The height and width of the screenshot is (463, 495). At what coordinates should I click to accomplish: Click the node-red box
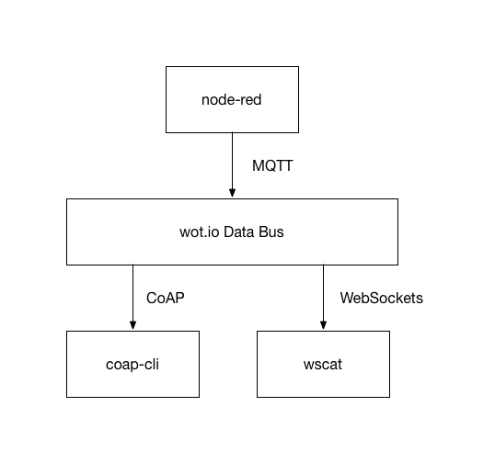coord(232,99)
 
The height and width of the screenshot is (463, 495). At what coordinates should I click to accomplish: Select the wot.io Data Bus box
coord(232,232)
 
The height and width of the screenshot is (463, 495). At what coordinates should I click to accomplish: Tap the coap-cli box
coord(132,364)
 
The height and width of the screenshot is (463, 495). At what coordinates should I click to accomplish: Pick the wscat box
coord(323,364)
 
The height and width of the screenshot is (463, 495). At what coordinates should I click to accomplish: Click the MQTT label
coord(272,165)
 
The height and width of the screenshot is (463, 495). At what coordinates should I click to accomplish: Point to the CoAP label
coord(165,298)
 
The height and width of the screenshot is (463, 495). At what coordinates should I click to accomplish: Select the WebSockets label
coord(381,298)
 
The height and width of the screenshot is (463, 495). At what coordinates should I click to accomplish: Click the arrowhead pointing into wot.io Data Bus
coord(233,193)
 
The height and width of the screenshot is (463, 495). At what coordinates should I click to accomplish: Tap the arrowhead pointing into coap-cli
coord(132,325)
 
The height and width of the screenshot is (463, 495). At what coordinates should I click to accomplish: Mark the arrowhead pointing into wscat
coord(323,325)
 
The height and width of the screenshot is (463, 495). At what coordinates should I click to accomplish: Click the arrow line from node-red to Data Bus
coord(233,164)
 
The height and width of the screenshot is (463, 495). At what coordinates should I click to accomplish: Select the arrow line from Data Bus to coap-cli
coord(132,298)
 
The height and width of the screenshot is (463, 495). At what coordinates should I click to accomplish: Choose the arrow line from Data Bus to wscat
coord(323,298)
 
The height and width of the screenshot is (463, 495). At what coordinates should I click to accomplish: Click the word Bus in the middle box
coord(271,232)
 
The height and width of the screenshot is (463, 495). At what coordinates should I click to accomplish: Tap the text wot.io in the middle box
coord(200,232)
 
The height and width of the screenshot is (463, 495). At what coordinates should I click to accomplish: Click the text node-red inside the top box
coord(232,100)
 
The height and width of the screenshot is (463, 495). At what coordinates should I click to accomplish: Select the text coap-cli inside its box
coord(132,365)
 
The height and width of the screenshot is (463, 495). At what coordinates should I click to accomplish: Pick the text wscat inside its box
coord(323,365)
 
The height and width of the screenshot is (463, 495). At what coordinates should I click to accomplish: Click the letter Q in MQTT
coord(270,166)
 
